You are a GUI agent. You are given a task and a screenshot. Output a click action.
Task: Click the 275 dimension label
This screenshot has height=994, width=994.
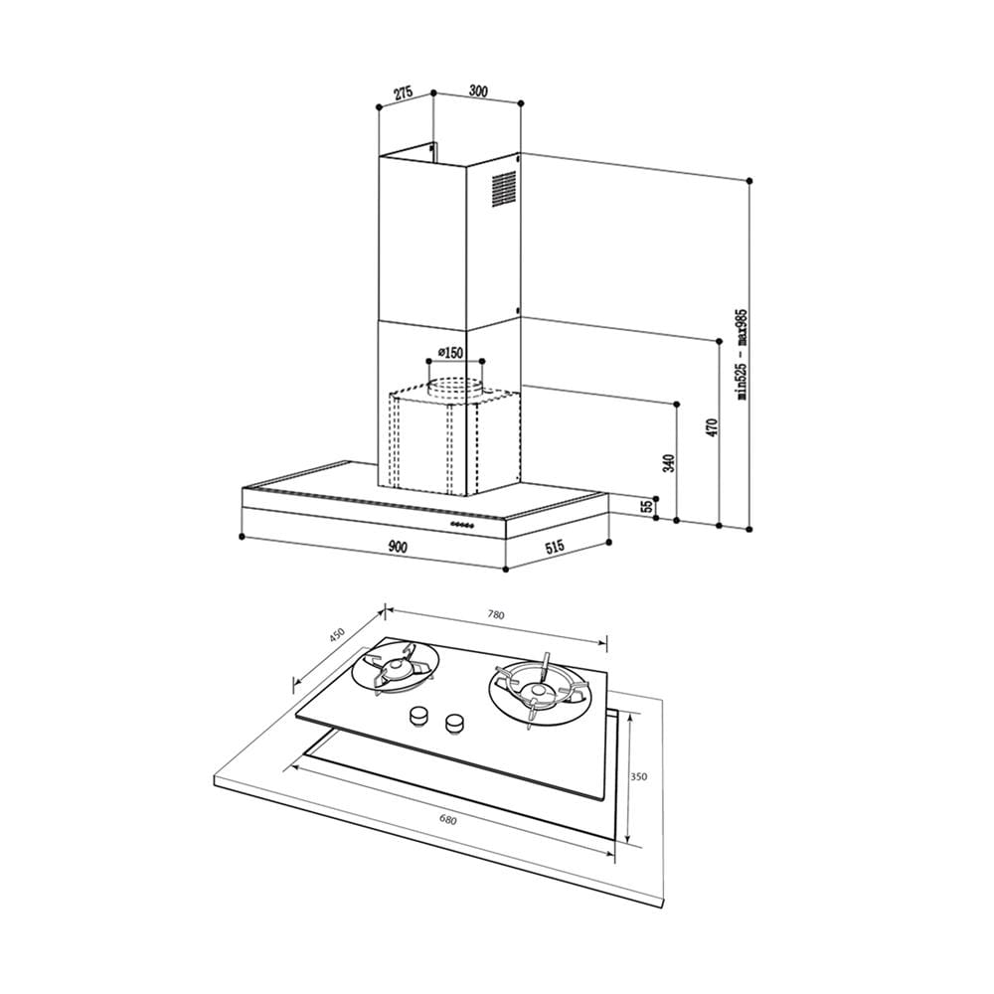pos(404,92)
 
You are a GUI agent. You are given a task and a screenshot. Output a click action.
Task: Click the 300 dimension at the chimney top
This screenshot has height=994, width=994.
pos(478,91)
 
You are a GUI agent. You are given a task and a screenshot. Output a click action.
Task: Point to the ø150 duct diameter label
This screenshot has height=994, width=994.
pos(450,353)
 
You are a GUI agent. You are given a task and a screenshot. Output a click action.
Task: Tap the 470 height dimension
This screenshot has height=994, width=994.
pos(712,427)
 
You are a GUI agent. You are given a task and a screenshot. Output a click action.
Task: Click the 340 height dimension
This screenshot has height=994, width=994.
pos(668,463)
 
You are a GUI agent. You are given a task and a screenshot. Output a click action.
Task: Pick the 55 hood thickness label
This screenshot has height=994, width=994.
pos(647,507)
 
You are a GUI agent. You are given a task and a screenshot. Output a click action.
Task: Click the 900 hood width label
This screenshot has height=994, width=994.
pos(397,547)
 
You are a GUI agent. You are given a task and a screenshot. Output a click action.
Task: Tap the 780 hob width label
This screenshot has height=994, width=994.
pos(496,614)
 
